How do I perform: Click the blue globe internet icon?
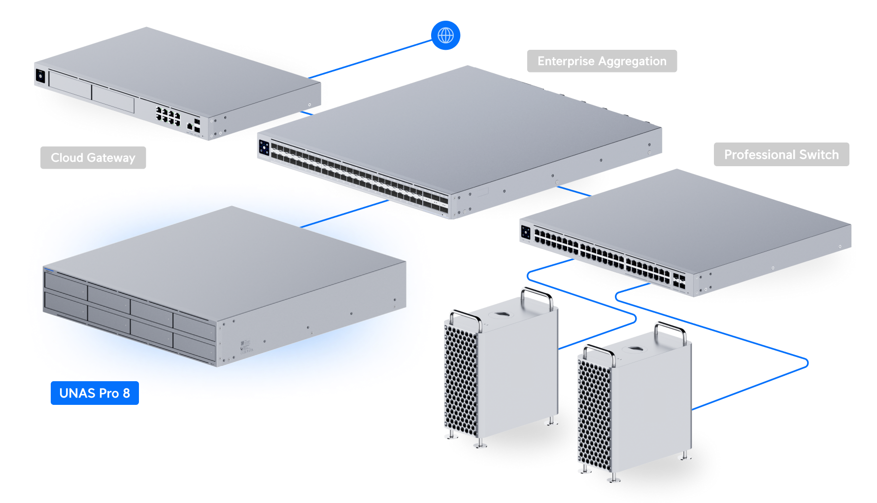pos(445,36)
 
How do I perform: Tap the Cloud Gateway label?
pos(93,158)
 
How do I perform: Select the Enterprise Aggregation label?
pos(602,61)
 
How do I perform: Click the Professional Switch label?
pos(781,155)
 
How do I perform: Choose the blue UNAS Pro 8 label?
pos(95,393)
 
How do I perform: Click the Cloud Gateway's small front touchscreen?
pos(40,76)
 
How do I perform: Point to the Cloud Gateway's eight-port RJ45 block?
pos(168,115)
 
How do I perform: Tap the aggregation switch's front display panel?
pos(264,147)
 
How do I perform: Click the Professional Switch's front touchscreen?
pos(526,232)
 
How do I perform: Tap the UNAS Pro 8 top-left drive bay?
pos(65,282)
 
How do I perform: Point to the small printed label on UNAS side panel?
pos(245,346)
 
